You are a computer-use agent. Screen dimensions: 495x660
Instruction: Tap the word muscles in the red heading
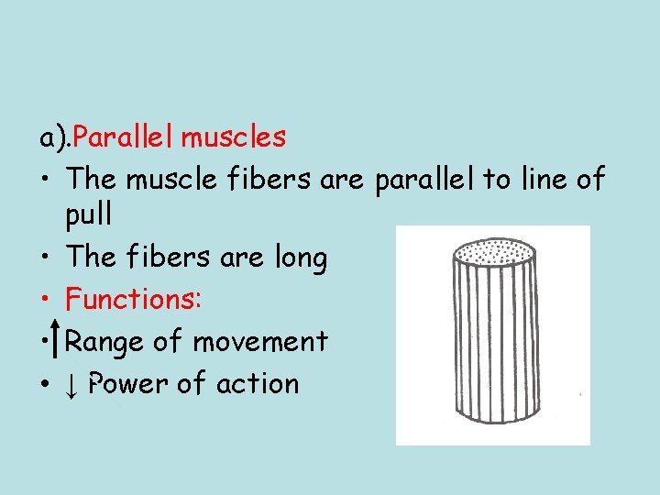click(234, 138)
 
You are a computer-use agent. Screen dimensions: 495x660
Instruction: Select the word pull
click(89, 214)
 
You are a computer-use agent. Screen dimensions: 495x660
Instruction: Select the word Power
click(130, 383)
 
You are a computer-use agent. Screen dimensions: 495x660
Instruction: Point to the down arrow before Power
click(71, 385)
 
